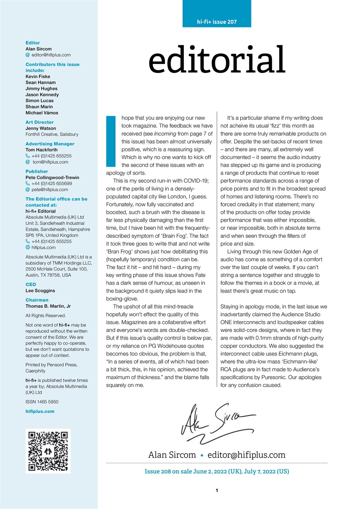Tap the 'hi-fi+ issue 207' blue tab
(217, 22)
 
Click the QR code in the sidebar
(48, 451)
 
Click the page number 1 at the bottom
(217, 491)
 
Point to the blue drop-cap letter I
(110, 141)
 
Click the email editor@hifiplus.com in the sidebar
(51, 55)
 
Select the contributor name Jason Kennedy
(42, 95)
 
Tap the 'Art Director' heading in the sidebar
(39, 122)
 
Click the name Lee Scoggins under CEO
(40, 291)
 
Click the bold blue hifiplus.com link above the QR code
(40, 412)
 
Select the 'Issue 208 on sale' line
(217, 472)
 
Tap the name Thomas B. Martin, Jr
(48, 306)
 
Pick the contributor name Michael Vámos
(42, 113)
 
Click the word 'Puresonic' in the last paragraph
(293, 377)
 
